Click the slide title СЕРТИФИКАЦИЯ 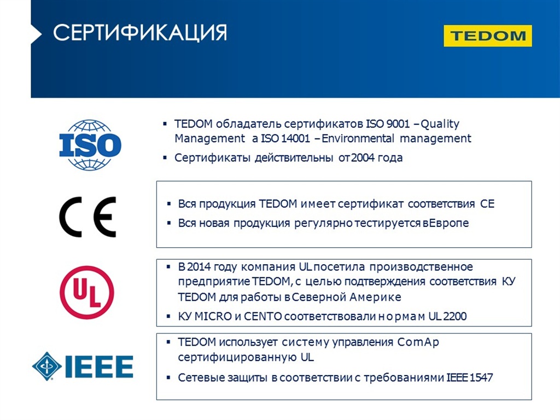[x=139, y=33]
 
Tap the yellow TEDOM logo [x=487, y=36]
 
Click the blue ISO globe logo [x=90, y=144]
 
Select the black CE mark [x=88, y=217]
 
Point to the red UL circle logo [x=87, y=292]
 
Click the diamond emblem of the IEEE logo [x=47, y=366]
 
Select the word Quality [x=440, y=125]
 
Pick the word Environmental [x=358, y=138]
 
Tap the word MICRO [x=213, y=317]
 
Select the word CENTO [x=263, y=317]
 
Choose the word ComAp [x=418, y=342]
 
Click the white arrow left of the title [x=36, y=34]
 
